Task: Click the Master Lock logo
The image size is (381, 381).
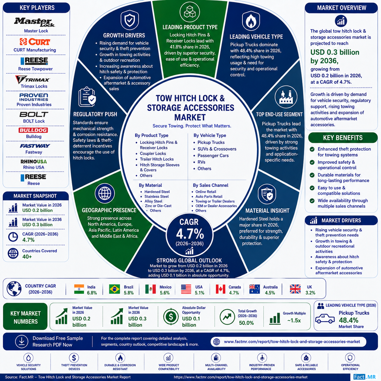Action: pyautogui.click(x=34, y=22)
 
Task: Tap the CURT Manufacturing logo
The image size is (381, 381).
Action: pyautogui.click(x=35, y=42)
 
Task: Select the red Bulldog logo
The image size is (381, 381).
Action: pyautogui.click(x=33, y=130)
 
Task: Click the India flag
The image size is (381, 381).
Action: pyautogui.click(x=79, y=289)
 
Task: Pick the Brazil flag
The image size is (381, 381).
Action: pyautogui.click(x=115, y=289)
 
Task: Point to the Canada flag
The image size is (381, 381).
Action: pyautogui.click(x=221, y=289)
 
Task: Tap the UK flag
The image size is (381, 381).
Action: pyautogui.click(x=295, y=289)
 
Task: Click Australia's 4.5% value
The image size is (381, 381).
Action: pyautogui.click(x=270, y=293)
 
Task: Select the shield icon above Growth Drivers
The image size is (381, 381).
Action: pyautogui.click(x=129, y=20)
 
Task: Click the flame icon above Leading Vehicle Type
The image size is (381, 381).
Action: pyautogui.click(x=251, y=21)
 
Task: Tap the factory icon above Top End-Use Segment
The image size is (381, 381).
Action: pyautogui.click(x=286, y=97)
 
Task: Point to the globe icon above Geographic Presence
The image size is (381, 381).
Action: pyautogui.click(x=105, y=193)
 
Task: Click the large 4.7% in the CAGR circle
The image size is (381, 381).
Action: pyautogui.click(x=190, y=234)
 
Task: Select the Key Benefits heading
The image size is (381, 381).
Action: pyautogui.click(x=343, y=138)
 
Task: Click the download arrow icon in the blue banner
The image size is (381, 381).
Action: pyautogui.click(x=22, y=342)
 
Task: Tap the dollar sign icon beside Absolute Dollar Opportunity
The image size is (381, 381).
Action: pyautogui.click(x=171, y=317)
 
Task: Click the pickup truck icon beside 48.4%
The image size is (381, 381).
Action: pyautogui.click(x=325, y=318)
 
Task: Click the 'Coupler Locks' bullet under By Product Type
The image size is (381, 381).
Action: pyautogui.click(x=153, y=153)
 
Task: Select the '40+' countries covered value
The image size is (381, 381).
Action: pyautogui.click(x=27, y=257)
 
